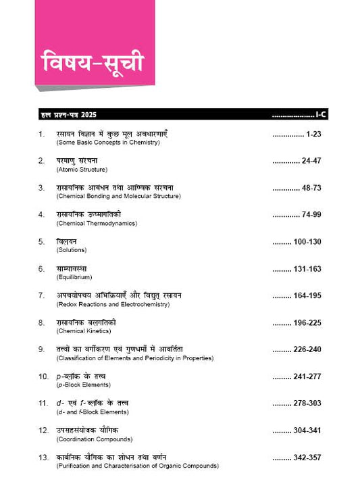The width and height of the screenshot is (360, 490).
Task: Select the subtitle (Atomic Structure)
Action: [82, 170]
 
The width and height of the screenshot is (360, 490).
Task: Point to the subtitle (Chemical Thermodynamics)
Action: [95, 223]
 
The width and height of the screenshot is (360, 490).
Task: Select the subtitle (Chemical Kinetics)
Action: [85, 331]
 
